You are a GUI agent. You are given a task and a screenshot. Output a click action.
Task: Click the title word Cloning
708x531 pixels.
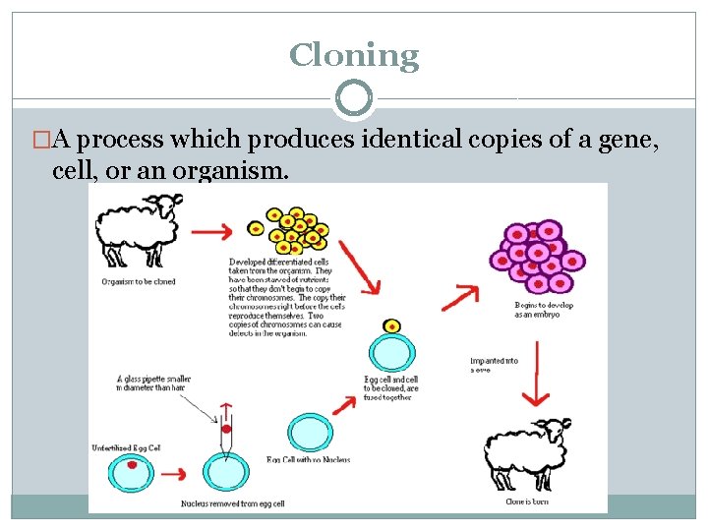point(354,55)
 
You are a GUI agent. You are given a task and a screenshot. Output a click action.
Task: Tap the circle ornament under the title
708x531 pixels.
point(354,98)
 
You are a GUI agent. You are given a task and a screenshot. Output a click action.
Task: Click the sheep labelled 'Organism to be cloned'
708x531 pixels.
point(141,230)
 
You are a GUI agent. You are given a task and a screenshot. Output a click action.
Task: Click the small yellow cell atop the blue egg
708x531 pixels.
point(392,325)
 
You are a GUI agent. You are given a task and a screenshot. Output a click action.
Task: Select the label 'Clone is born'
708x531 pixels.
point(526,502)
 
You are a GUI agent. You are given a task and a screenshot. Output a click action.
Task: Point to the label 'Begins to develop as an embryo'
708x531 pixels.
point(536,309)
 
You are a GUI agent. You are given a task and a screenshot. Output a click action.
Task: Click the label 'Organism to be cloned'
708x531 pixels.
point(139,280)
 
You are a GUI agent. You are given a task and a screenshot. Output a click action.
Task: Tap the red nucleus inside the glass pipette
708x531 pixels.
point(227,430)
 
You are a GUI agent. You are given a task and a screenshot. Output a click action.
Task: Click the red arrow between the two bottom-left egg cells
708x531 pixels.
point(175,473)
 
